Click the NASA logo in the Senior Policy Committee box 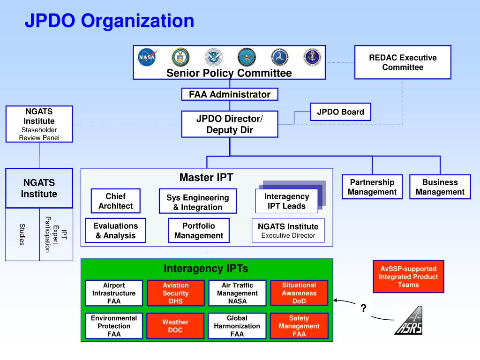(147, 57)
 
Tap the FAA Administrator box (230, 94)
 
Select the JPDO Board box (340, 112)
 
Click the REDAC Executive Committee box (403, 62)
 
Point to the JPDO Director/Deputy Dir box (230, 124)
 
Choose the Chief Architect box (115, 201)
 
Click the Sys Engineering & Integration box (197, 202)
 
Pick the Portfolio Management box (199, 231)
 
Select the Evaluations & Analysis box (115, 231)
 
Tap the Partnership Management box (372, 187)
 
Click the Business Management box (440, 187)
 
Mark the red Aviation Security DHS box (175, 293)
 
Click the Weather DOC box (175, 326)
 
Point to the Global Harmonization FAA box (237, 326)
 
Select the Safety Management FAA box (299, 326)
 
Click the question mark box (363, 308)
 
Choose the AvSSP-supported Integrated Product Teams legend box (408, 277)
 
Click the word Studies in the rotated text (22, 234)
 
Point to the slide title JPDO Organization (109, 21)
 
